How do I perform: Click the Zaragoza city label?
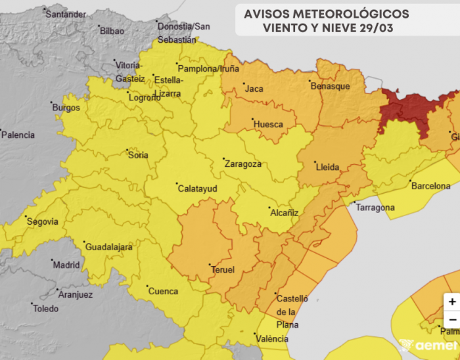[244, 164]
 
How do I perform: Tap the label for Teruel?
[222, 269]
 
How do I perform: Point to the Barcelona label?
[430, 186]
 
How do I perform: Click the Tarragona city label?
[375, 208]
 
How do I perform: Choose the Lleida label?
[327, 167]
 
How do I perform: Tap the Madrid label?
[66, 265]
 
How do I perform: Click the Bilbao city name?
[112, 30]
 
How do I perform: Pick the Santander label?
[66, 14]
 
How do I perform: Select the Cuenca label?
[163, 291]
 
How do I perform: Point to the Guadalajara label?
[108, 247]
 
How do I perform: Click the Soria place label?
[137, 155]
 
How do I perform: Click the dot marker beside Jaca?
[240, 85]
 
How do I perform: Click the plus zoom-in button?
[451, 302]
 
